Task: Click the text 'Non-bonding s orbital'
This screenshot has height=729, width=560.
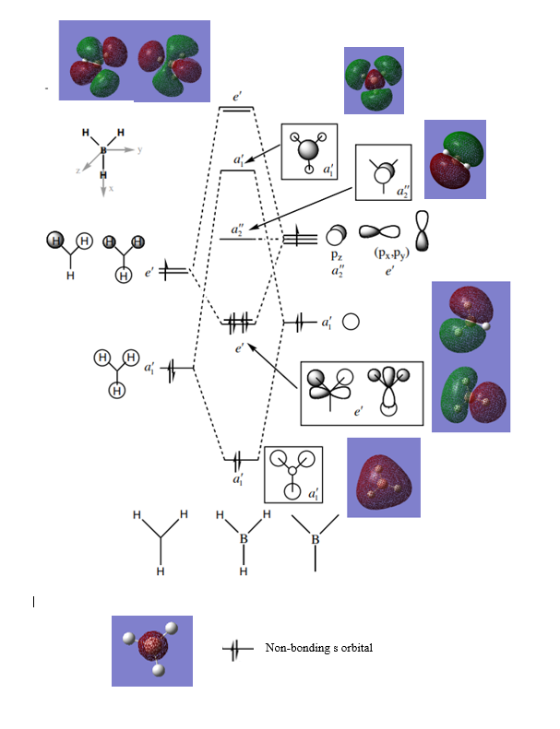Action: [318, 649]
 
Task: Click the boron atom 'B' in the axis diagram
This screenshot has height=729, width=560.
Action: [102, 147]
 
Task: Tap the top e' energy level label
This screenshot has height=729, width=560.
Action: [237, 96]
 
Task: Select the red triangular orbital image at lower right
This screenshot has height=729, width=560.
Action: [383, 477]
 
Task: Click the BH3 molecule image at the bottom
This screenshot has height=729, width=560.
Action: [152, 651]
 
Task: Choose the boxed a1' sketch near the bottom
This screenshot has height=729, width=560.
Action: [293, 476]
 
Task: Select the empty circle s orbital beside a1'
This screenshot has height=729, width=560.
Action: [351, 323]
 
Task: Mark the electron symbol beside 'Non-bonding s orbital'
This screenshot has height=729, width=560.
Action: [237, 650]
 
